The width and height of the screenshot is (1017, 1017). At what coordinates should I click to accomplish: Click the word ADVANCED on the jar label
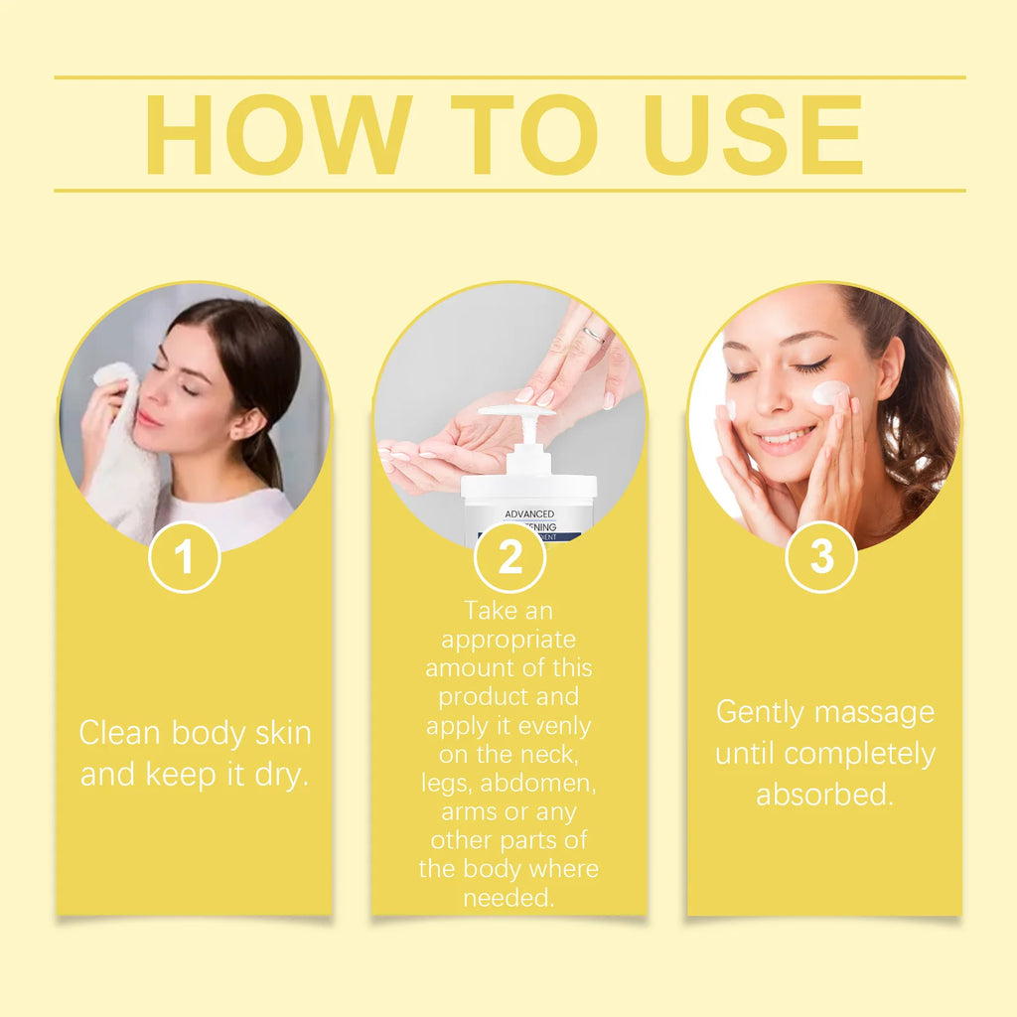click(x=529, y=513)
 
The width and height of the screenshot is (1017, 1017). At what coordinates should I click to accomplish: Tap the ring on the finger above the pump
click(x=593, y=335)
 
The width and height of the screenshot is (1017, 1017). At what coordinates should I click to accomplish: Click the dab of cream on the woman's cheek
click(x=830, y=393)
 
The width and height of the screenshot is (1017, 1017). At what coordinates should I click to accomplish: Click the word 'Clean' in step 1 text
click(x=121, y=733)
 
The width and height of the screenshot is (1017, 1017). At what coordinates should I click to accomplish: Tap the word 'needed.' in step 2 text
click(x=508, y=898)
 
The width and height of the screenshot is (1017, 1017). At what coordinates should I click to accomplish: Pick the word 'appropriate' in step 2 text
click(x=508, y=639)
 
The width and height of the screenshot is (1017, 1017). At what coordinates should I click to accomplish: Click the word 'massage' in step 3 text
click(x=882, y=712)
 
